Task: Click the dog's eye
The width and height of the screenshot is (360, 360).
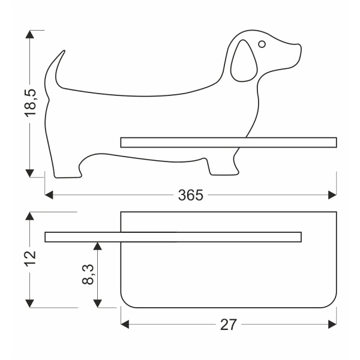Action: tap(262, 44)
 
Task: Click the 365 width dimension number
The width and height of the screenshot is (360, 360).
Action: tap(190, 196)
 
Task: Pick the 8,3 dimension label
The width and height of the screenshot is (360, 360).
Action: tap(88, 275)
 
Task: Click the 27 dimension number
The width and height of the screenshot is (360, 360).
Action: tap(229, 325)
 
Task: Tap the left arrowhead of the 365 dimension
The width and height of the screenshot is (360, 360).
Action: tap(50, 195)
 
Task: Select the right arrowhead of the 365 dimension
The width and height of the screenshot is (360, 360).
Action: tap(332, 195)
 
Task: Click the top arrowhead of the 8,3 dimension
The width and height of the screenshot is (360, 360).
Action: tap(98, 246)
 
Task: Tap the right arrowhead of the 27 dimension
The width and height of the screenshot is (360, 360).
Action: tap(332, 324)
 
